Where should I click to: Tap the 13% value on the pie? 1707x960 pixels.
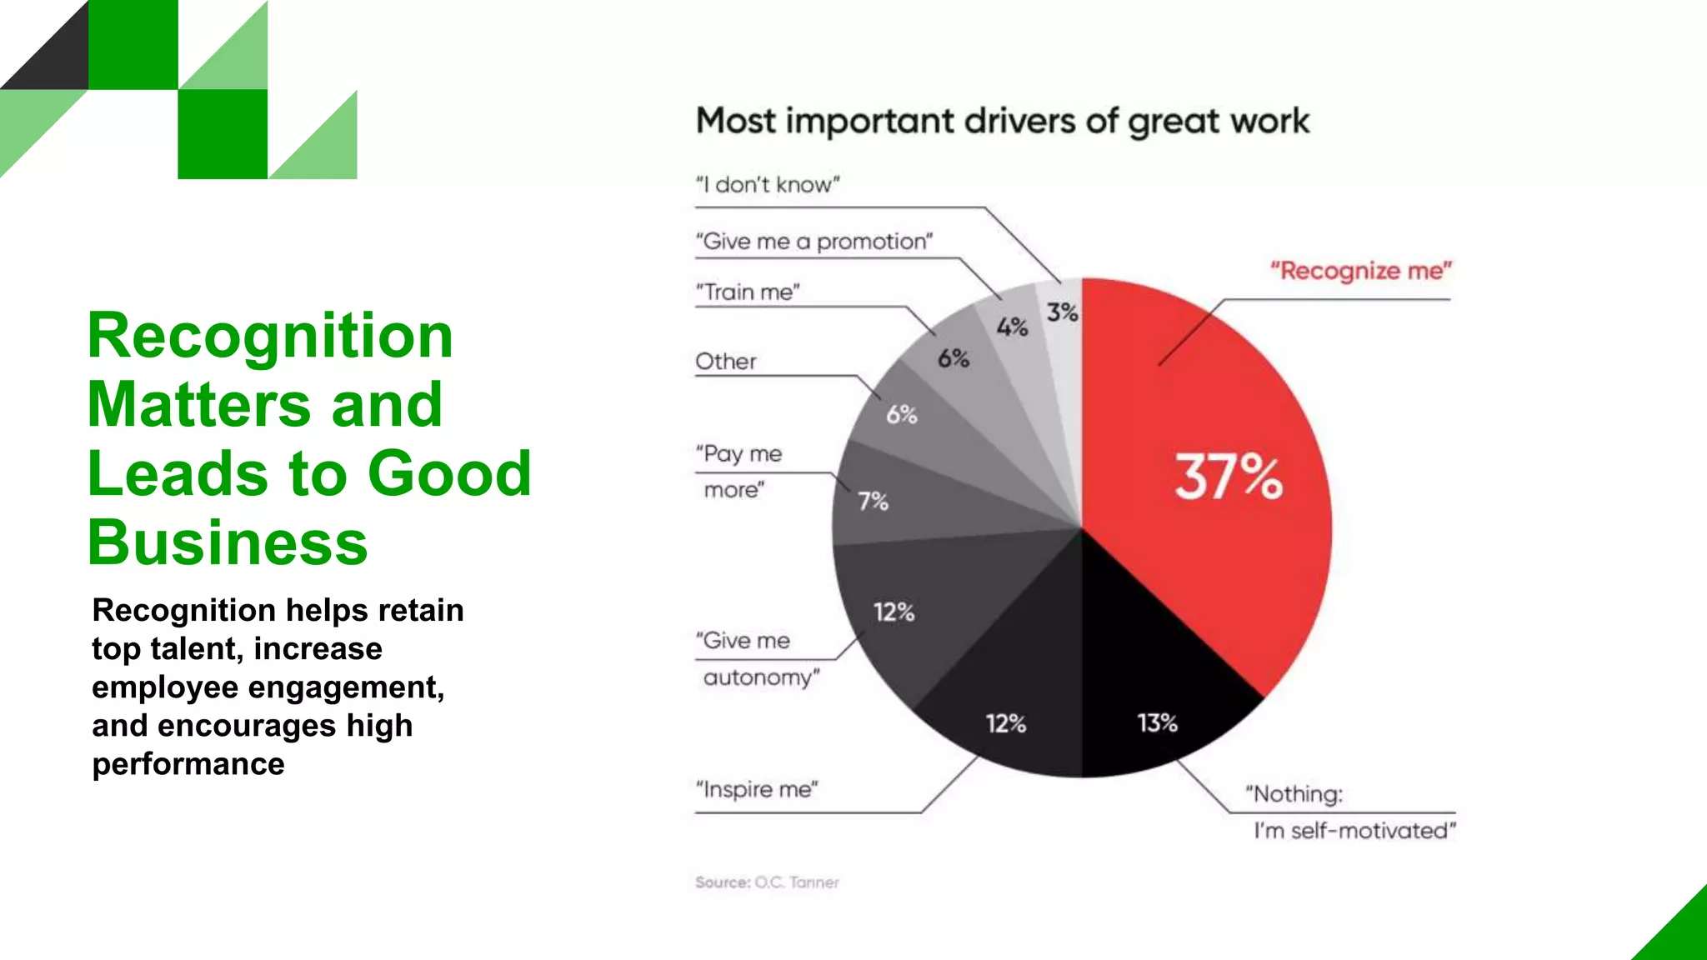point(1158,722)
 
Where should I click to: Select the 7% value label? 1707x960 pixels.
point(873,502)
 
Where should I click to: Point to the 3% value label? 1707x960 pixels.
point(1063,312)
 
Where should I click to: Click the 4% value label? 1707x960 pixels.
point(1013,327)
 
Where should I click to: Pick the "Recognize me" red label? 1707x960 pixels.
point(1361,271)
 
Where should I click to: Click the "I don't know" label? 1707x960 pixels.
point(768,184)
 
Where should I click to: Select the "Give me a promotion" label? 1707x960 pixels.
point(814,242)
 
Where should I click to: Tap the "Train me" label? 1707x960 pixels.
point(748,292)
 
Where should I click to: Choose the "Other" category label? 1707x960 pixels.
point(726,362)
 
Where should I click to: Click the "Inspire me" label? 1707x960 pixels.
point(757,789)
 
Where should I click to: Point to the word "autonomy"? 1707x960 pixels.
point(761,677)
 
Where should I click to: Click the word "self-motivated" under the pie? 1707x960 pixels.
point(1372,831)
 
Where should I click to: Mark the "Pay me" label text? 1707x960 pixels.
point(739,454)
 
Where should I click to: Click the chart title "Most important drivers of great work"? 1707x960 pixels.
point(1003,122)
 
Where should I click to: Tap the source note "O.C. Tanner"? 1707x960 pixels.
point(797,882)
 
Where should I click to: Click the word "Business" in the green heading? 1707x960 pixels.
point(228,542)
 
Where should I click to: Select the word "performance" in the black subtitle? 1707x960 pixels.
point(188,764)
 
